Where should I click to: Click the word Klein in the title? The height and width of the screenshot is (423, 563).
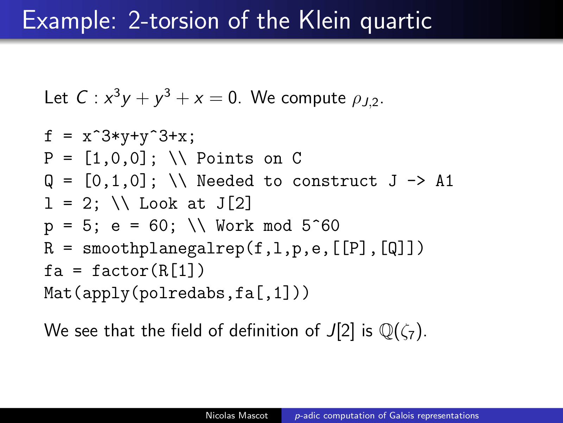tap(325, 20)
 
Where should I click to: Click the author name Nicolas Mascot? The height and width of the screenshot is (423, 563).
tap(237, 415)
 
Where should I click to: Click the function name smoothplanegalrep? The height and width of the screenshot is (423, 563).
tap(164, 249)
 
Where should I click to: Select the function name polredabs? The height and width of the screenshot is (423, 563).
tap(182, 293)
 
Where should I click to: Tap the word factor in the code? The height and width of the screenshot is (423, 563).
tap(120, 271)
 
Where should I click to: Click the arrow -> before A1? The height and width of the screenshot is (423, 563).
tap(416, 181)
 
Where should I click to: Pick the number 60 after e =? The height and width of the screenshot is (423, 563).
tap(158, 226)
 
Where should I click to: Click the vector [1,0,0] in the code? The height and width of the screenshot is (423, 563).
tap(115, 159)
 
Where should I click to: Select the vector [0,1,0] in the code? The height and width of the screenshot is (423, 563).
tap(115, 181)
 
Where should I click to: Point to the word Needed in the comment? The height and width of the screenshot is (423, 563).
tap(225, 181)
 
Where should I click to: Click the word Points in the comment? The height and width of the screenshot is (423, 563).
tap(225, 158)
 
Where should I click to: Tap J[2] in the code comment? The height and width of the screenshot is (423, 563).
tap(234, 203)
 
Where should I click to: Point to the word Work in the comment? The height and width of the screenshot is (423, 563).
tap(235, 226)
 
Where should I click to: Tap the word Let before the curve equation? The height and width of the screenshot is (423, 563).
tap(56, 98)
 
